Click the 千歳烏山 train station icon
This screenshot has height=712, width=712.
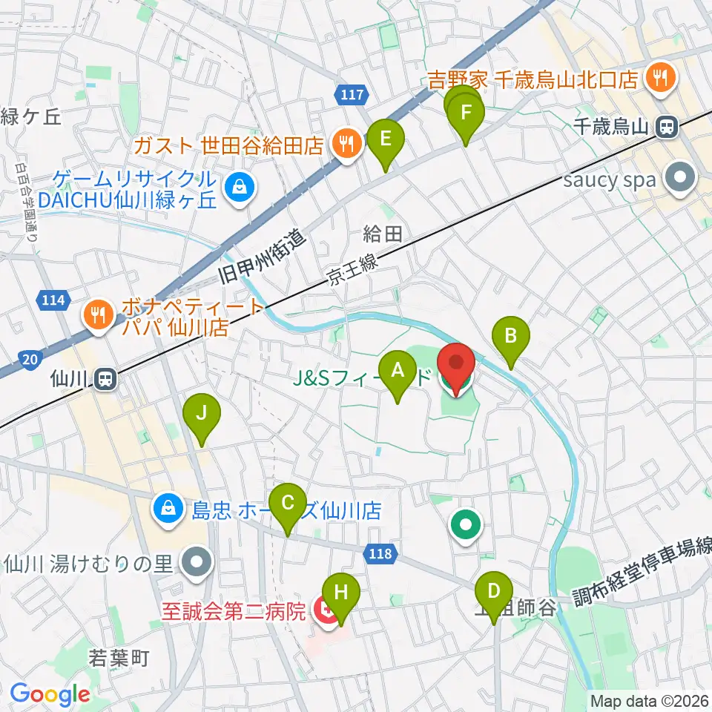click(667, 128)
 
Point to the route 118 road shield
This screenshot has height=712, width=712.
click(382, 553)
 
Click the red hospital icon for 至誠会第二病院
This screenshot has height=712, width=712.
click(325, 612)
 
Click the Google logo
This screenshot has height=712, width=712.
click(50, 694)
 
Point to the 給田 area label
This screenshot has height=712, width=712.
click(383, 235)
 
